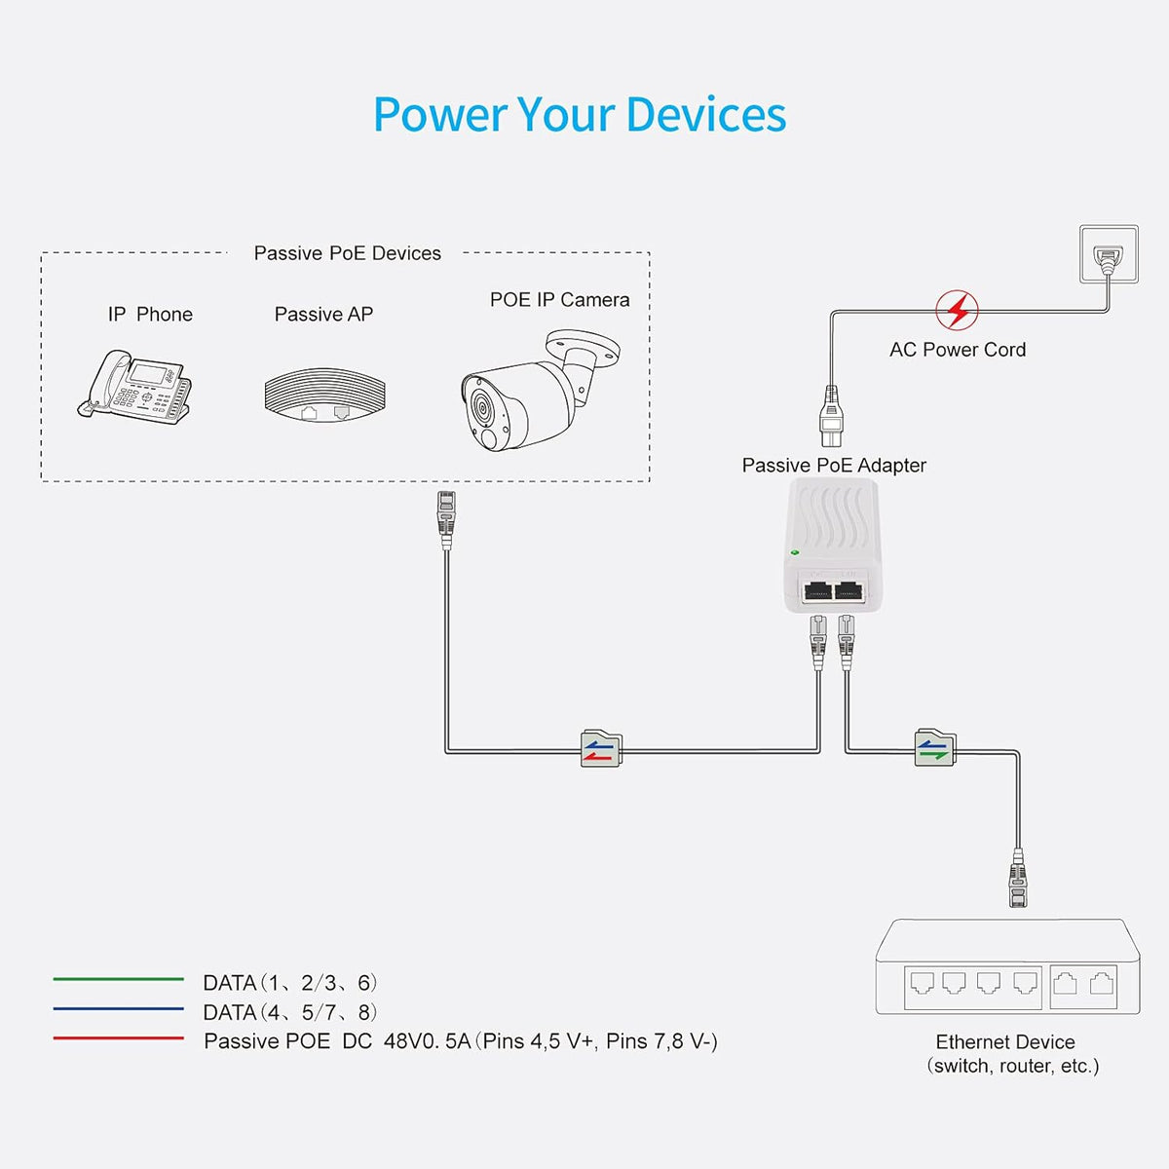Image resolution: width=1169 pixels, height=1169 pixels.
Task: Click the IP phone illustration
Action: pos(134,387)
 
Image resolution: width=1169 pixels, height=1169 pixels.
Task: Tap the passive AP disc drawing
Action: pos(325,395)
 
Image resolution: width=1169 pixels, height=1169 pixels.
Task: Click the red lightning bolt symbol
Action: pos(957,310)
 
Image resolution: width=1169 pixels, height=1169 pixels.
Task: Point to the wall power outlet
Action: pos(1109,254)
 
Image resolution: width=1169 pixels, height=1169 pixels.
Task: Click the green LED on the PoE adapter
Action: pos(794,552)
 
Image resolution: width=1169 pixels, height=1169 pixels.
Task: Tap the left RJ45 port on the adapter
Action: pos(817,590)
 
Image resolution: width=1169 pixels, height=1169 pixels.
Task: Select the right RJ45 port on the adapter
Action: pos(848,590)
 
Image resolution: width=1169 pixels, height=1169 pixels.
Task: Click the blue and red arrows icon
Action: pos(601,748)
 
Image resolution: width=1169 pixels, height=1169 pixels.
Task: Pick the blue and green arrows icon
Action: pos(935,747)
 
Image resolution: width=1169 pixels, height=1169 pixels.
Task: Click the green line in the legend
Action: pos(118,979)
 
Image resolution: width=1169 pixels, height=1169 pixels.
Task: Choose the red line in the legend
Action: pos(118,1037)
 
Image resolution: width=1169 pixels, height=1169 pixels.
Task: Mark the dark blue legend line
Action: pos(118,1009)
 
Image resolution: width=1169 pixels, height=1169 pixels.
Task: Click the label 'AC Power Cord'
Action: pos(958,350)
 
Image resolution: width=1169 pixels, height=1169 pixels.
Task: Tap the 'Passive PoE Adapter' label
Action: pos(834,466)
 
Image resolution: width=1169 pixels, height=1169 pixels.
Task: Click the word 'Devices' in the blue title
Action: pos(706,114)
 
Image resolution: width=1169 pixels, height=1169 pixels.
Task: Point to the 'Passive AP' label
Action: pos(323,315)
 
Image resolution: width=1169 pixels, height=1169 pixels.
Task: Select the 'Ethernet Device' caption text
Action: pos(1005,1041)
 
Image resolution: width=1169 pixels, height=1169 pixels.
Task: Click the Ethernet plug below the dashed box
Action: pos(446,520)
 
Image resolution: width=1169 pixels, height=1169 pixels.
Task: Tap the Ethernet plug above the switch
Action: pos(1018,879)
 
